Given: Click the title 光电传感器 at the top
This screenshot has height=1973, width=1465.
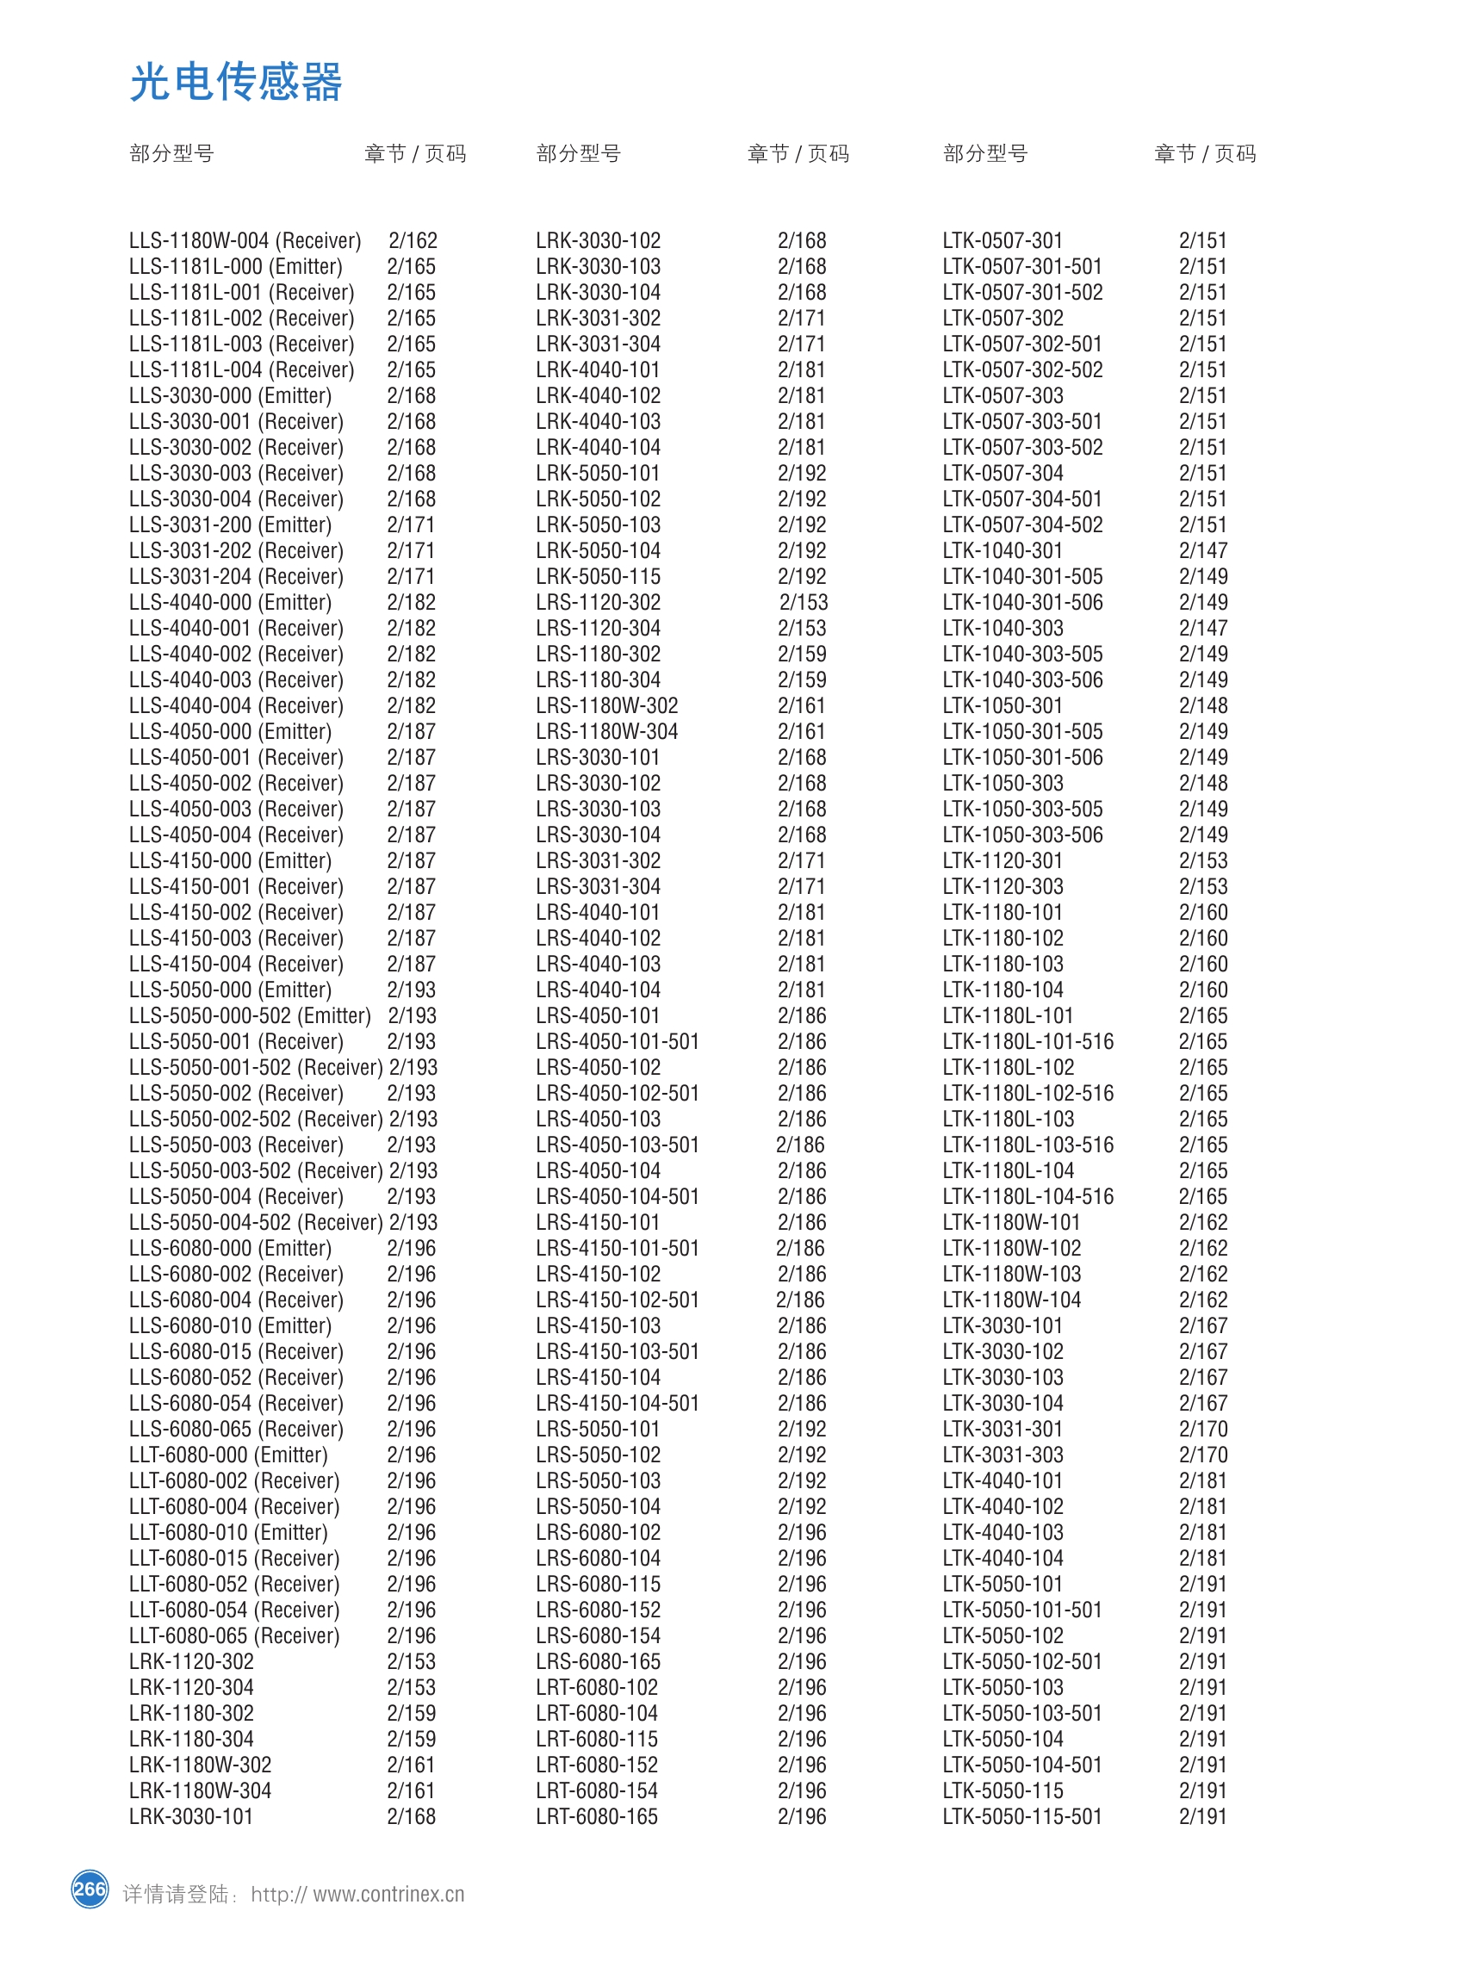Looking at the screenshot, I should [x=235, y=83].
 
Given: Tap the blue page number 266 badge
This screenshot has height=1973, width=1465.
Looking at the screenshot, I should [x=90, y=1889].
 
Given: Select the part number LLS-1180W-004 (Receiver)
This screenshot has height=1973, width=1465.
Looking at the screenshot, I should [x=245, y=240].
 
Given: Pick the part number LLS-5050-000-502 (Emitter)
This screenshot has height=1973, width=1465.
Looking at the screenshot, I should [x=249, y=1015].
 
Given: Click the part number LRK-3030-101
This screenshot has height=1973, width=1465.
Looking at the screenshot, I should [x=190, y=1816].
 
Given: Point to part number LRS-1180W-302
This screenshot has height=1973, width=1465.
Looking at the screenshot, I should [x=606, y=706].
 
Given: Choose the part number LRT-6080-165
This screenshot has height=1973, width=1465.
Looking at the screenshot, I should [x=596, y=1816].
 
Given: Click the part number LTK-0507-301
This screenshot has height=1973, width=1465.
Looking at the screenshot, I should [x=1003, y=240].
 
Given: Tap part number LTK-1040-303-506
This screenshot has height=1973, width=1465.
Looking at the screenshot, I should [x=1022, y=680].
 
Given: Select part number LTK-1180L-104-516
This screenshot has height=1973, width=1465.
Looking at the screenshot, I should [x=1027, y=1196].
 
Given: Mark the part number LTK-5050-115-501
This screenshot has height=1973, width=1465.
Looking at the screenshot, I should [x=1021, y=1816].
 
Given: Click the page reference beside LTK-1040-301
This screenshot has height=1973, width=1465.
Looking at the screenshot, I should [x=1202, y=550].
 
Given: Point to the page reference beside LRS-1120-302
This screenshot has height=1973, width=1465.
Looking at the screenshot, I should [x=803, y=602].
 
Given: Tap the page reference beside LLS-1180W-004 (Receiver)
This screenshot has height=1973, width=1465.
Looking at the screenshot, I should [x=413, y=240].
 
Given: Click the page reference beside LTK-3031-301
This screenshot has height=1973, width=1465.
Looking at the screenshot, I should [x=1202, y=1429].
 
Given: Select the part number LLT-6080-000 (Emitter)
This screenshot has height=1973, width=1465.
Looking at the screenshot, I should [x=228, y=1455].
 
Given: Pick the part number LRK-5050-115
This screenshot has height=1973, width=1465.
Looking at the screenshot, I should [x=598, y=576].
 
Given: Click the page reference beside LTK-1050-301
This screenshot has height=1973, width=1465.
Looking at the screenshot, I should [x=1202, y=706].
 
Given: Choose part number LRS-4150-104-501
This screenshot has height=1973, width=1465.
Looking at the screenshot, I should [x=618, y=1403].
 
